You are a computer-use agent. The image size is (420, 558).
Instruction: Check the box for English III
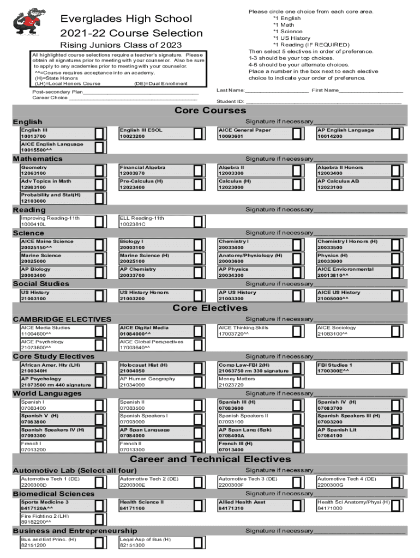click(100, 134)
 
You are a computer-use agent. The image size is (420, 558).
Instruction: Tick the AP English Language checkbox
click(396, 134)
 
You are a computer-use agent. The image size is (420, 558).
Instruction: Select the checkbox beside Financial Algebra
click(199, 171)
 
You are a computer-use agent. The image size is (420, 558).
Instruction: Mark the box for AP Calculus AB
click(396, 184)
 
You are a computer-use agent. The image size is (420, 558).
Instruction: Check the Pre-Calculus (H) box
click(199, 184)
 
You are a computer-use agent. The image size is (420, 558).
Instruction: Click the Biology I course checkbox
click(199, 245)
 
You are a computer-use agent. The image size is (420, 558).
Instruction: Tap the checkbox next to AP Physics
click(297, 272)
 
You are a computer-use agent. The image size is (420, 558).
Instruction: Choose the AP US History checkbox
click(297, 296)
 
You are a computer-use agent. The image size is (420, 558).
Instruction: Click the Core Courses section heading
click(209, 111)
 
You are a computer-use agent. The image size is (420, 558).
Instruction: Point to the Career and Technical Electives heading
click(210, 459)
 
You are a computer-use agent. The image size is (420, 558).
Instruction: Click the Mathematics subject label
click(38, 159)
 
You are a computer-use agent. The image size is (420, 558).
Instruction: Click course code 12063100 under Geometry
click(34, 174)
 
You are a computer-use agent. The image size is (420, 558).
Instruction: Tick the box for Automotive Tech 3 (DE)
click(297, 482)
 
